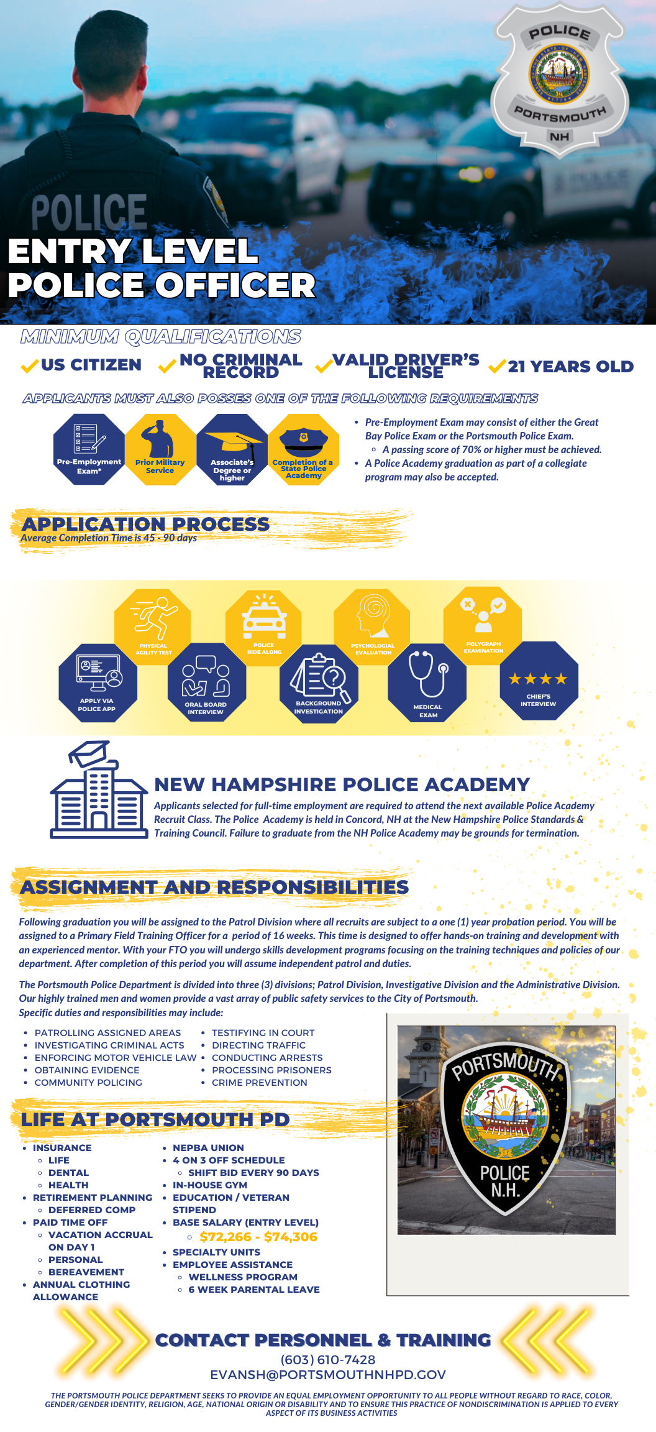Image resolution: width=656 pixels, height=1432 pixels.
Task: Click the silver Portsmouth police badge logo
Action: coord(559,78)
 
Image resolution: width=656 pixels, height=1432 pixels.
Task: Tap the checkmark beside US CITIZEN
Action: coord(29,366)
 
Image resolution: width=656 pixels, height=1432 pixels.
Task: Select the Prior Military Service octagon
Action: coord(160,449)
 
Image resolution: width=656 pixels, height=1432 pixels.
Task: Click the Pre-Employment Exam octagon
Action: coord(89,449)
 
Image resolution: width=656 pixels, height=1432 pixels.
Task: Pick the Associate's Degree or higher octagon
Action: coord(232,449)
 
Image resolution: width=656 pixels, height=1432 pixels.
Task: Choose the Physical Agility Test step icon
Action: coord(153,626)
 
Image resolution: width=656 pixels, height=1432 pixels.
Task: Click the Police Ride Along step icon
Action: coord(264,626)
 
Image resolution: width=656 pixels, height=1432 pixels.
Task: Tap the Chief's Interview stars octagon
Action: coord(539,681)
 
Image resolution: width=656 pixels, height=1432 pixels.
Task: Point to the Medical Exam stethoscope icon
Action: coord(427,681)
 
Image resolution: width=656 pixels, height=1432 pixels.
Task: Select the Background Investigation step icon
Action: coord(319,682)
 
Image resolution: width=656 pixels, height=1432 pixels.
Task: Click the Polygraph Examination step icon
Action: coord(483,624)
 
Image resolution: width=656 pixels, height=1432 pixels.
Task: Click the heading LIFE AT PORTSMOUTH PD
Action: coord(155,1119)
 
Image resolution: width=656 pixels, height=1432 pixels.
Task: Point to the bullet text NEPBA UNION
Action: coord(208,1148)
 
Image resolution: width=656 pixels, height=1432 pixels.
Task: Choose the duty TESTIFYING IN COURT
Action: coord(263,1033)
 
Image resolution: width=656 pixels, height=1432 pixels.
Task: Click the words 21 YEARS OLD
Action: coord(570,367)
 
